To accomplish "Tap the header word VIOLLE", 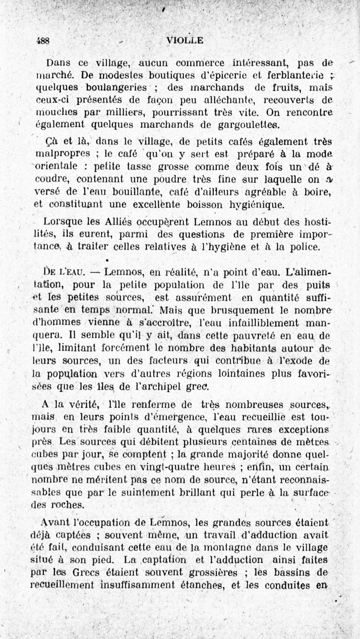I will pyautogui.click(x=184, y=40).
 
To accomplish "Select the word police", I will pyautogui.click(x=306, y=247).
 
